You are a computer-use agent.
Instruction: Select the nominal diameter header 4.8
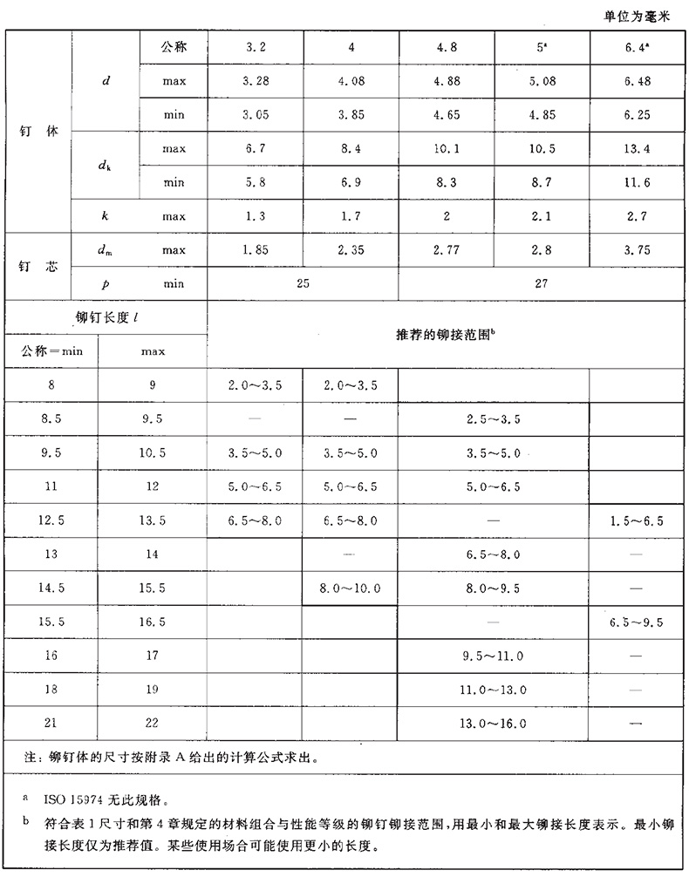[447, 47]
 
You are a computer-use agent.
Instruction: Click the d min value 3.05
[256, 113]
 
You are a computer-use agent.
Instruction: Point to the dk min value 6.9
[351, 181]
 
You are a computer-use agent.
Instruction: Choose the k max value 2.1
[542, 215]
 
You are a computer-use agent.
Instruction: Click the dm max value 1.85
[256, 250]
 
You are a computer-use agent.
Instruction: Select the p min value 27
[542, 283]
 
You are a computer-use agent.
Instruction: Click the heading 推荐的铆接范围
[447, 334]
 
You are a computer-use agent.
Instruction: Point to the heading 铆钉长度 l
[106, 317]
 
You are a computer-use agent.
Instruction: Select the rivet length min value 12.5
[51, 520]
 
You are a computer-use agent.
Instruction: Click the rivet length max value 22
[153, 724]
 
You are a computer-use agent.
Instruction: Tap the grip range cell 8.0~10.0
[351, 588]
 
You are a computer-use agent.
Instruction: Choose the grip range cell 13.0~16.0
[495, 724]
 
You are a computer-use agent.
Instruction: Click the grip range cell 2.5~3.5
[495, 419]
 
